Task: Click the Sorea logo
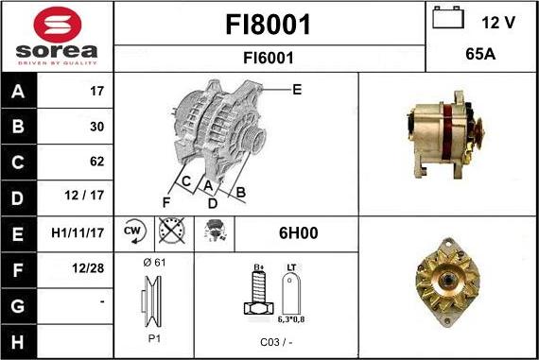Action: tap(57, 36)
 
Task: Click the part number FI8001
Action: tap(269, 25)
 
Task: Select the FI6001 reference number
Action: tap(269, 58)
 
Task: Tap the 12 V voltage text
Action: tap(497, 23)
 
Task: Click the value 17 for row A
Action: tap(96, 92)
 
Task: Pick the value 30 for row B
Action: tap(96, 127)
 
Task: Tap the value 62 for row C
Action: tap(96, 162)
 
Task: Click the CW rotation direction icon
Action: tap(133, 232)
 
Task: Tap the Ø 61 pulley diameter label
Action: tap(155, 262)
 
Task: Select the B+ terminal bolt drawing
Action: tap(257, 295)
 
